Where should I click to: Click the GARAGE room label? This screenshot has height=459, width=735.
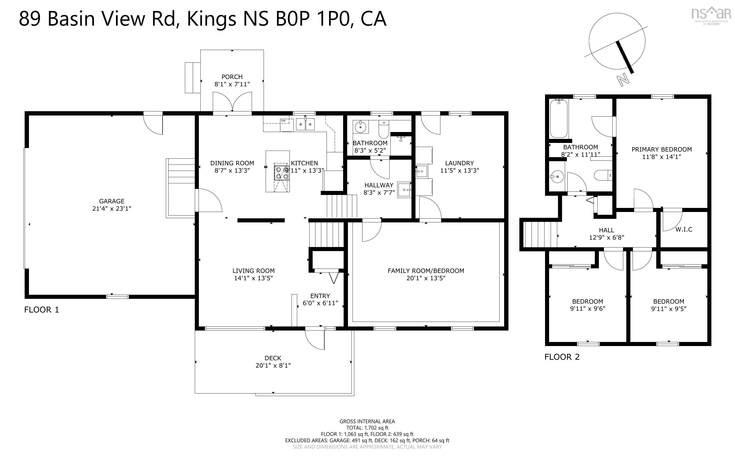pyautogui.click(x=112, y=201)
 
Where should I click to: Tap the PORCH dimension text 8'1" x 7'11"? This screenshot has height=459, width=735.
pyautogui.click(x=232, y=84)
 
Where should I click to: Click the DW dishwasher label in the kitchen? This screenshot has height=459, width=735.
pyautogui.click(x=283, y=121)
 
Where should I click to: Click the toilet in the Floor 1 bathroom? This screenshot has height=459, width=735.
pyautogui.click(x=384, y=130)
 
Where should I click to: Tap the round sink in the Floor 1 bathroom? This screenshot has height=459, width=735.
pyautogui.click(x=360, y=127)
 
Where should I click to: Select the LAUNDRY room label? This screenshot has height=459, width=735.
pyautogui.click(x=459, y=163)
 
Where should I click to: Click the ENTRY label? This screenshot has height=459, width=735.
pyautogui.click(x=320, y=296)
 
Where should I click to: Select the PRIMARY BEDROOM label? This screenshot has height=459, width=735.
pyautogui.click(x=662, y=149)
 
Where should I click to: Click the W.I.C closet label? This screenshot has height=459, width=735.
pyautogui.click(x=684, y=229)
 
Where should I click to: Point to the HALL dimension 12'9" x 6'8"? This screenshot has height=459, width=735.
pyautogui.click(x=606, y=238)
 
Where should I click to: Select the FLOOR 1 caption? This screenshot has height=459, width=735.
pyautogui.click(x=42, y=310)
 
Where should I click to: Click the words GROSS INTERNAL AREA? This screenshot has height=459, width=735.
pyautogui.click(x=367, y=421)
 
